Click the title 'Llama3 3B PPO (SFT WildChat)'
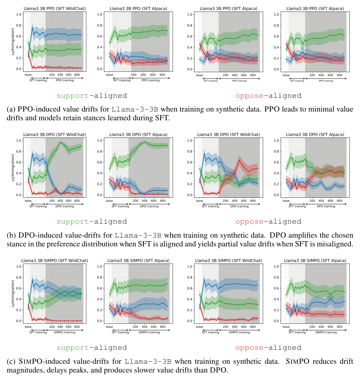click(55, 8)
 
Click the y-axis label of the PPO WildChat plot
click(13, 41)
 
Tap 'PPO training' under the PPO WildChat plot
click(64, 80)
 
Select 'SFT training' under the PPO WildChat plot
click(38, 80)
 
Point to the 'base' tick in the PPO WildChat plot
click(28, 75)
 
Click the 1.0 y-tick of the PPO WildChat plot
click(19, 14)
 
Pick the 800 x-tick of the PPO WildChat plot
click(77, 75)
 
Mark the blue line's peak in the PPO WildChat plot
click(32, 28)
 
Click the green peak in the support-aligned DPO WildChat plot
click(60, 142)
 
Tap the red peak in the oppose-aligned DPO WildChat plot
click(239, 160)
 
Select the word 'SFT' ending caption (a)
click(162, 118)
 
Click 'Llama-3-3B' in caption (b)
click(138, 235)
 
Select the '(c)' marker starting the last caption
click(11, 361)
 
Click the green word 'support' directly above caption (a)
click(72, 96)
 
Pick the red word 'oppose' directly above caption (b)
click(249, 222)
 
